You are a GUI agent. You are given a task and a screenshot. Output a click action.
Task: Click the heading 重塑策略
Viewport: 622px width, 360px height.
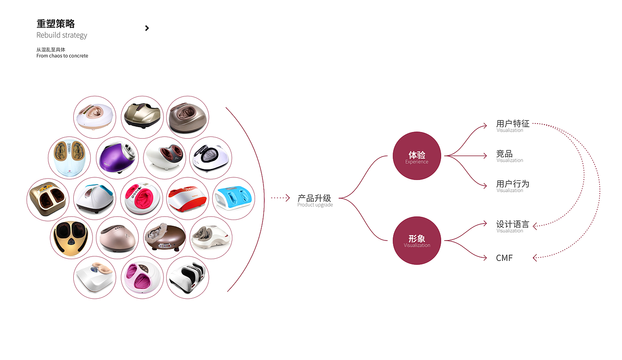click(56, 24)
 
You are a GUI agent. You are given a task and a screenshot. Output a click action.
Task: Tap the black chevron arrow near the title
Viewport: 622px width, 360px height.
click(147, 28)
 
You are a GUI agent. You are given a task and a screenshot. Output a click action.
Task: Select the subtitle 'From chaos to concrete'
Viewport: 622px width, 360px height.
click(62, 56)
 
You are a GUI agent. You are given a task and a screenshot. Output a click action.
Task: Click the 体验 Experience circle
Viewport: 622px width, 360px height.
click(417, 156)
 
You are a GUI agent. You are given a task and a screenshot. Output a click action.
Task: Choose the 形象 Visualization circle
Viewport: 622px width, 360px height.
click(417, 240)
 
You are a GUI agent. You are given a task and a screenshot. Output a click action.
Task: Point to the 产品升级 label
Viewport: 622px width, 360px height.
click(315, 198)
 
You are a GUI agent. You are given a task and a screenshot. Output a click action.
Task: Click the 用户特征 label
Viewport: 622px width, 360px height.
click(513, 124)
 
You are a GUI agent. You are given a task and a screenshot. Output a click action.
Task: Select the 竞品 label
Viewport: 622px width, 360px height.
click(504, 154)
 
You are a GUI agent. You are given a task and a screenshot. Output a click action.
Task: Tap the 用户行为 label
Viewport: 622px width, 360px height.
click(513, 184)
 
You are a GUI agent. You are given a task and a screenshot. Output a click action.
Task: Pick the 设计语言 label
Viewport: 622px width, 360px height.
click(513, 224)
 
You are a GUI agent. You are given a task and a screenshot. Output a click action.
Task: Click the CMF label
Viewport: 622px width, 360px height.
click(504, 258)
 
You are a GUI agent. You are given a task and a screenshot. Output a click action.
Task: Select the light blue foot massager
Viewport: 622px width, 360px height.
click(234, 199)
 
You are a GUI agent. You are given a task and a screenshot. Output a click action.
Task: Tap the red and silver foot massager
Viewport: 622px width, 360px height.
click(187, 199)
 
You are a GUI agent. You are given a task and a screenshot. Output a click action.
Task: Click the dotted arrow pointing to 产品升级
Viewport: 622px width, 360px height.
click(280, 198)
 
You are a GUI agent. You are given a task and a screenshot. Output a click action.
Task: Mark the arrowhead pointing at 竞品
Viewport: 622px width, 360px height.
click(485, 156)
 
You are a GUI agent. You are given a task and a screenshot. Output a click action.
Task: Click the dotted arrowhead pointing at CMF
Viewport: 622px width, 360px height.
click(535, 258)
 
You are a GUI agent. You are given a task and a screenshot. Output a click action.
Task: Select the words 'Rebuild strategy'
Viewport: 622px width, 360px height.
click(62, 35)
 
